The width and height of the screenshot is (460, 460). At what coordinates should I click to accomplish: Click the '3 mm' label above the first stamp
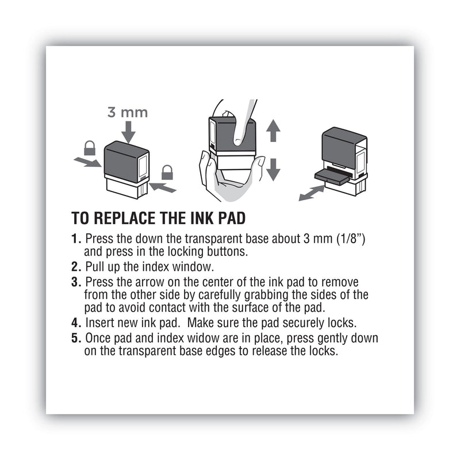(x=127, y=112)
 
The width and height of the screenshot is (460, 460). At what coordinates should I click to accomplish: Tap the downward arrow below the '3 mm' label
(x=128, y=132)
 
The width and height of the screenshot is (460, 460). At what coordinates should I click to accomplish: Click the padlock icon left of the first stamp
(x=90, y=148)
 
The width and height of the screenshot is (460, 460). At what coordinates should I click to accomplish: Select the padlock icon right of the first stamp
(x=167, y=171)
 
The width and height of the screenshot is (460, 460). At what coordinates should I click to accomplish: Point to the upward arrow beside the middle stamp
(x=273, y=132)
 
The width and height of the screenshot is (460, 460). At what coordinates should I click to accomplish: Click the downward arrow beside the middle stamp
(x=273, y=168)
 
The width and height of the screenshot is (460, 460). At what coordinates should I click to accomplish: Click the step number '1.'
(x=76, y=239)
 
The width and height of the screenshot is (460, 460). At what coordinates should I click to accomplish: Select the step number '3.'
(x=76, y=282)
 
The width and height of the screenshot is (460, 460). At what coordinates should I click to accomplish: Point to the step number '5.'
(x=76, y=338)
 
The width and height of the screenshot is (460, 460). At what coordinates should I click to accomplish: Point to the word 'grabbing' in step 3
(x=257, y=294)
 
